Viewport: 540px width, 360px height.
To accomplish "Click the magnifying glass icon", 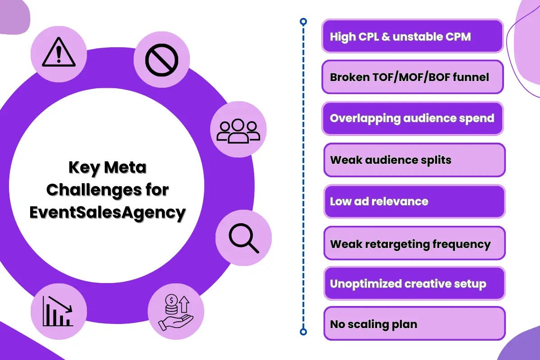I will click(243, 238).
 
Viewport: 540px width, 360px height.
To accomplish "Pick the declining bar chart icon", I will click(58, 310).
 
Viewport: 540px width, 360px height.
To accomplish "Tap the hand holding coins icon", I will click(175, 312).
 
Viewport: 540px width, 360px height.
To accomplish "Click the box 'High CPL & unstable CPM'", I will click(412, 36).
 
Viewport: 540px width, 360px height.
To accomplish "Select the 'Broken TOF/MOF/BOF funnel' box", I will click(412, 77).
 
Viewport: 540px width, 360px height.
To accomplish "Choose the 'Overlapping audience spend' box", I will click(412, 118).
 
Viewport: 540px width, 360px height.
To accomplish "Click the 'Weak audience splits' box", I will click(414, 160).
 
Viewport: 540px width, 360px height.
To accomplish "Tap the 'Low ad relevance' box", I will click(414, 201).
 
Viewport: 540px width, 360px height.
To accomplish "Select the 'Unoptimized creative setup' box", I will click(414, 284).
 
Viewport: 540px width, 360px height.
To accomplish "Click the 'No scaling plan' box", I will click(414, 324).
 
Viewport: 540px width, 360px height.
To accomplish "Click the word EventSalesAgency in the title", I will click(108, 212).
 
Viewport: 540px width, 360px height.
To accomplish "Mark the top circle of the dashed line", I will click(303, 21).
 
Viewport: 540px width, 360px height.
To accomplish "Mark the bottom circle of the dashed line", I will click(303, 332).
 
